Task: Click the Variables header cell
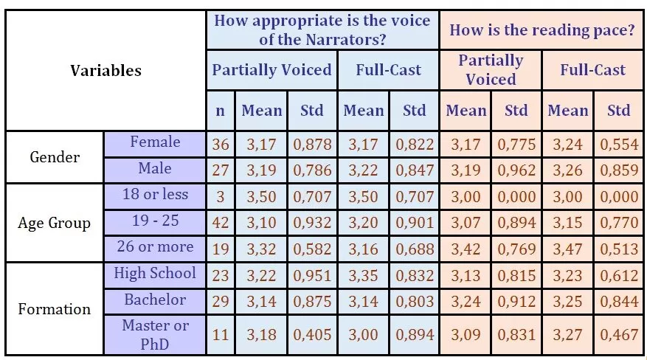tap(105, 71)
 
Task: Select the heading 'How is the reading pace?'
tap(542, 30)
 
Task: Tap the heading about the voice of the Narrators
tap(322, 30)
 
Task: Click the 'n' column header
tap(220, 111)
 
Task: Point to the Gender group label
tap(55, 157)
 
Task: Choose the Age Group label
tap(55, 223)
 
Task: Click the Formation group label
tap(55, 308)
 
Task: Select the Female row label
tap(155, 142)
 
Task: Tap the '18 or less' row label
tap(155, 195)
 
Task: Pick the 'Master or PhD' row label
tap(155, 334)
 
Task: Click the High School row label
tap(155, 274)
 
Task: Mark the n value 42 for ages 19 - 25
tap(221, 222)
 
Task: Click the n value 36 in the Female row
tap(221, 144)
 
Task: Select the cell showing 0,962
tap(516, 170)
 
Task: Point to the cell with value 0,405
tap(312, 335)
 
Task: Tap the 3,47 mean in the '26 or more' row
tap(567, 248)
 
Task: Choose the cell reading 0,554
tap(619, 144)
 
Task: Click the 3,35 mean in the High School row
tap(364, 275)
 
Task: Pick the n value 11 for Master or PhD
tap(221, 335)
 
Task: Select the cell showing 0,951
tap(312, 275)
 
